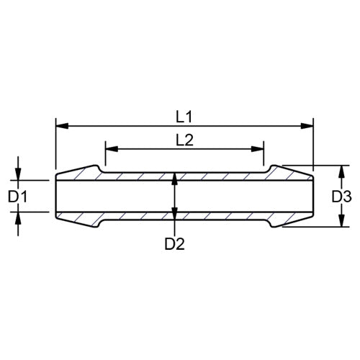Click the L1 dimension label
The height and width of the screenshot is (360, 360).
184,115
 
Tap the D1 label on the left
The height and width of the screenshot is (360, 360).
17,195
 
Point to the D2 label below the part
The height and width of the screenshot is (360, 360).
174,243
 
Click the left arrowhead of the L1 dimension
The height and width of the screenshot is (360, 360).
60,125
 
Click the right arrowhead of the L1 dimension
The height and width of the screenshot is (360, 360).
310,125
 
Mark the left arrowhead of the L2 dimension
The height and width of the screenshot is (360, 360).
109,150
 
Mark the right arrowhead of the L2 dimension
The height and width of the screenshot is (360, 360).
259,150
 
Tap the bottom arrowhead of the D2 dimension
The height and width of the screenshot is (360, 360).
174,212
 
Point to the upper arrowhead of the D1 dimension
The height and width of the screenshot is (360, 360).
19,174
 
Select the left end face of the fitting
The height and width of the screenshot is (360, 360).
56,195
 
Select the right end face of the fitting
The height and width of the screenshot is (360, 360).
314,195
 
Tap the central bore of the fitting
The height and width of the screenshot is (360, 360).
216,195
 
